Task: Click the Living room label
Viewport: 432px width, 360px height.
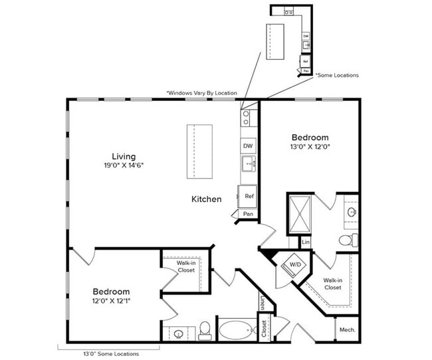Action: click(124, 157)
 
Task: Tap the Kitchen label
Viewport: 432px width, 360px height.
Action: click(207, 199)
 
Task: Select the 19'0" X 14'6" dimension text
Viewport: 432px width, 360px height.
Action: click(124, 167)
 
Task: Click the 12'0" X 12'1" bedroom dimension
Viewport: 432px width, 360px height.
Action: click(111, 302)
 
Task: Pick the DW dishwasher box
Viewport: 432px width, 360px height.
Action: click(247, 145)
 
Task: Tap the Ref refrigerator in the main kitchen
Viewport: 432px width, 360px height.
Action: click(248, 196)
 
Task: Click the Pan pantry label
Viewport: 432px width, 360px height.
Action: click(247, 214)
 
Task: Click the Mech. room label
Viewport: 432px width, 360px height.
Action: click(346, 329)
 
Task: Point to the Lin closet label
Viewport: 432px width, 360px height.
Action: click(306, 242)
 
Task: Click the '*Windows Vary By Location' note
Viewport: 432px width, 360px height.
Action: click(201, 93)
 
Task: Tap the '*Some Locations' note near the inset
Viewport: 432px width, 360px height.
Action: click(336, 75)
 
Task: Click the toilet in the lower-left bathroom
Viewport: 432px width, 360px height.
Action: click(205, 329)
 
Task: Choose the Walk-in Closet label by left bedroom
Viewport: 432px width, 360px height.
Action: click(185, 267)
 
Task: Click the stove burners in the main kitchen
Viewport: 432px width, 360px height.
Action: click(246, 118)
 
